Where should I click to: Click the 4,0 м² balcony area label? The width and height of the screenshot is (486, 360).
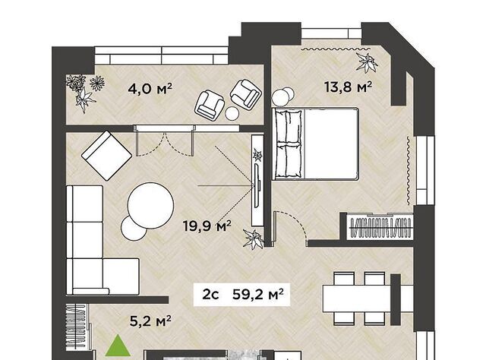click(150, 90)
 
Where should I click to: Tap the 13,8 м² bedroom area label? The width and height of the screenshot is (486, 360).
click(348, 87)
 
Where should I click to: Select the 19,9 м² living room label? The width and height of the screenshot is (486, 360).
click(207, 226)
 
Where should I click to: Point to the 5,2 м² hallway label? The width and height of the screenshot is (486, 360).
click(150, 321)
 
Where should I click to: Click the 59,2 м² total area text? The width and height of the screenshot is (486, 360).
click(258, 294)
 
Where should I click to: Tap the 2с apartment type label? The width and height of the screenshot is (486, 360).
click(210, 295)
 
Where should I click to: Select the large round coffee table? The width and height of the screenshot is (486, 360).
click(150, 205)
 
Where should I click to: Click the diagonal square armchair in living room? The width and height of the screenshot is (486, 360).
click(106, 156)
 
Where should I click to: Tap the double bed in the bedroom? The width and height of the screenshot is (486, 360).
click(315, 144)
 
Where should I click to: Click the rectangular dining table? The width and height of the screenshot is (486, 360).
click(358, 298)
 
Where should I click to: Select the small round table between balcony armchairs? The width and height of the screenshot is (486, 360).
click(232, 113)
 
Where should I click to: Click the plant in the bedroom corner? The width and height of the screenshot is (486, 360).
click(367, 62)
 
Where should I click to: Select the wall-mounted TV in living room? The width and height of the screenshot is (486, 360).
click(257, 185)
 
